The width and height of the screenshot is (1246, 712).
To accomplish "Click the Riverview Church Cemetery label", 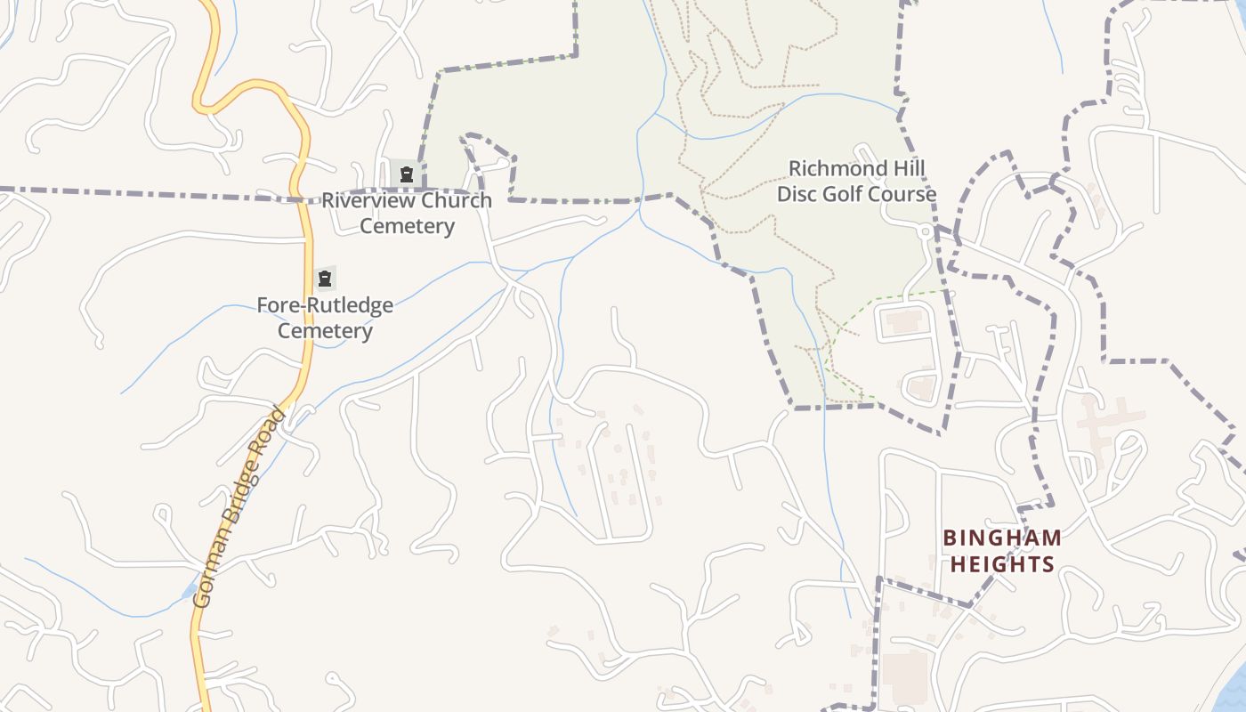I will point(407,213).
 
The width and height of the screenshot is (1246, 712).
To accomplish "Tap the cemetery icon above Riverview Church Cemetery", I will point(407,174).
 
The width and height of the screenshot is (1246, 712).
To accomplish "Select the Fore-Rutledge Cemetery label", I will point(325,318).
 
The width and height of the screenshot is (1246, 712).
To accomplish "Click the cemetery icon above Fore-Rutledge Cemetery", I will point(325,279).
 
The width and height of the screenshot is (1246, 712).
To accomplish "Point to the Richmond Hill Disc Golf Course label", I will point(856,182).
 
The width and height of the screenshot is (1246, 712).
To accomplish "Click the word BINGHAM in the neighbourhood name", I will point(1002,538).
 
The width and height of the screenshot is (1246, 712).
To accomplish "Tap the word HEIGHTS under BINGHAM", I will point(1002,564).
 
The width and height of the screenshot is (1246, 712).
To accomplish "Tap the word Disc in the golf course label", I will point(797,194).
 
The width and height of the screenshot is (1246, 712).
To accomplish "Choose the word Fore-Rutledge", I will point(325,305).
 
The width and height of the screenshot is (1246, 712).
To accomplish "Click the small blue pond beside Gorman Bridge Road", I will point(189,590).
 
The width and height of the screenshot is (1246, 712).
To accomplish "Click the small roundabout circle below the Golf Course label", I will point(926,231).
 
